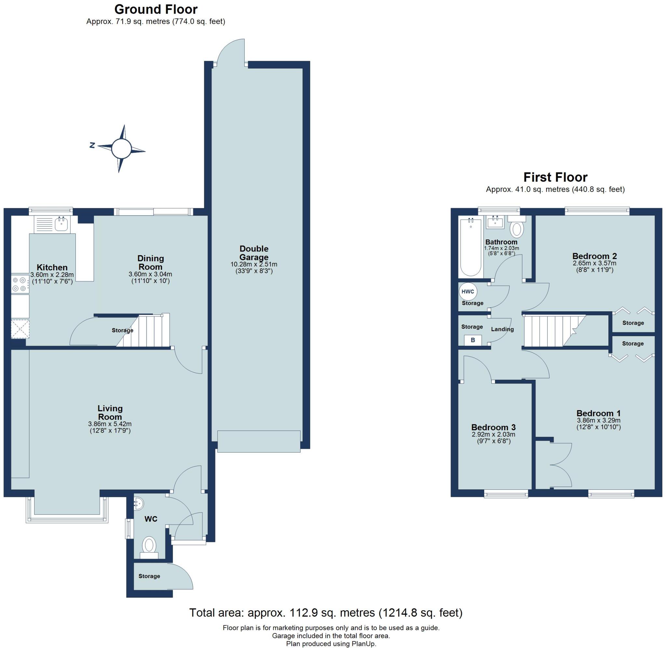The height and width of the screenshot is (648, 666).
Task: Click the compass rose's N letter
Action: pos(92,145)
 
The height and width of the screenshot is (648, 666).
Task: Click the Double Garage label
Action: pos(254,253)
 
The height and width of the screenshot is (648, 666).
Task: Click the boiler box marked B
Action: pos(473,340)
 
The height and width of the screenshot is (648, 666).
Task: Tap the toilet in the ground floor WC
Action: pos(149,545)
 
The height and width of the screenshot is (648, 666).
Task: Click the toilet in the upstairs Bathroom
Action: pos(517,229)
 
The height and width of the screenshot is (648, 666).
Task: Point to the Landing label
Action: pos(502,329)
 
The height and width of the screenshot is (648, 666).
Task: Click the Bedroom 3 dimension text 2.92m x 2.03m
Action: pos(493,434)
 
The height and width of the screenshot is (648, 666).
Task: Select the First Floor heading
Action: pos(555,177)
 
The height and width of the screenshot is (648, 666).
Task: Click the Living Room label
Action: pos(110,412)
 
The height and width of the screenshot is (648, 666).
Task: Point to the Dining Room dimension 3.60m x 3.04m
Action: pos(150,274)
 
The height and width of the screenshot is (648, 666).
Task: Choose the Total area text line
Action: pos(326,613)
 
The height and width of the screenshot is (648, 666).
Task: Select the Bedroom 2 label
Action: pos(594,256)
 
